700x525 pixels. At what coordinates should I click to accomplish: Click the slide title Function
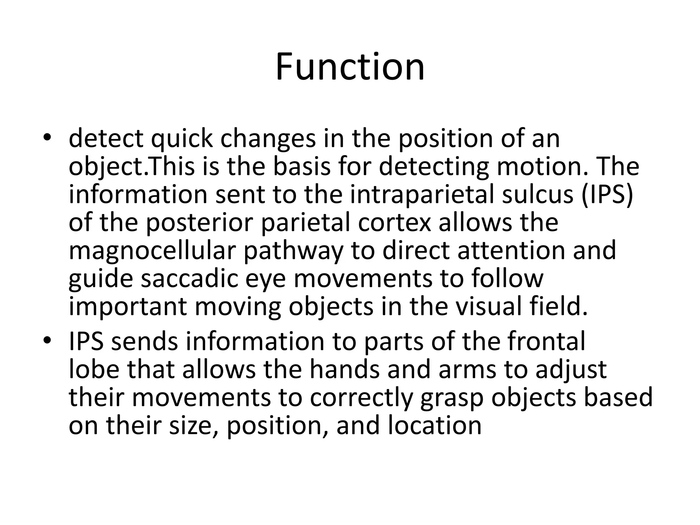[x=350, y=67]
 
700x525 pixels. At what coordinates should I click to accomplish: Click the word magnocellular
[x=152, y=251]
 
